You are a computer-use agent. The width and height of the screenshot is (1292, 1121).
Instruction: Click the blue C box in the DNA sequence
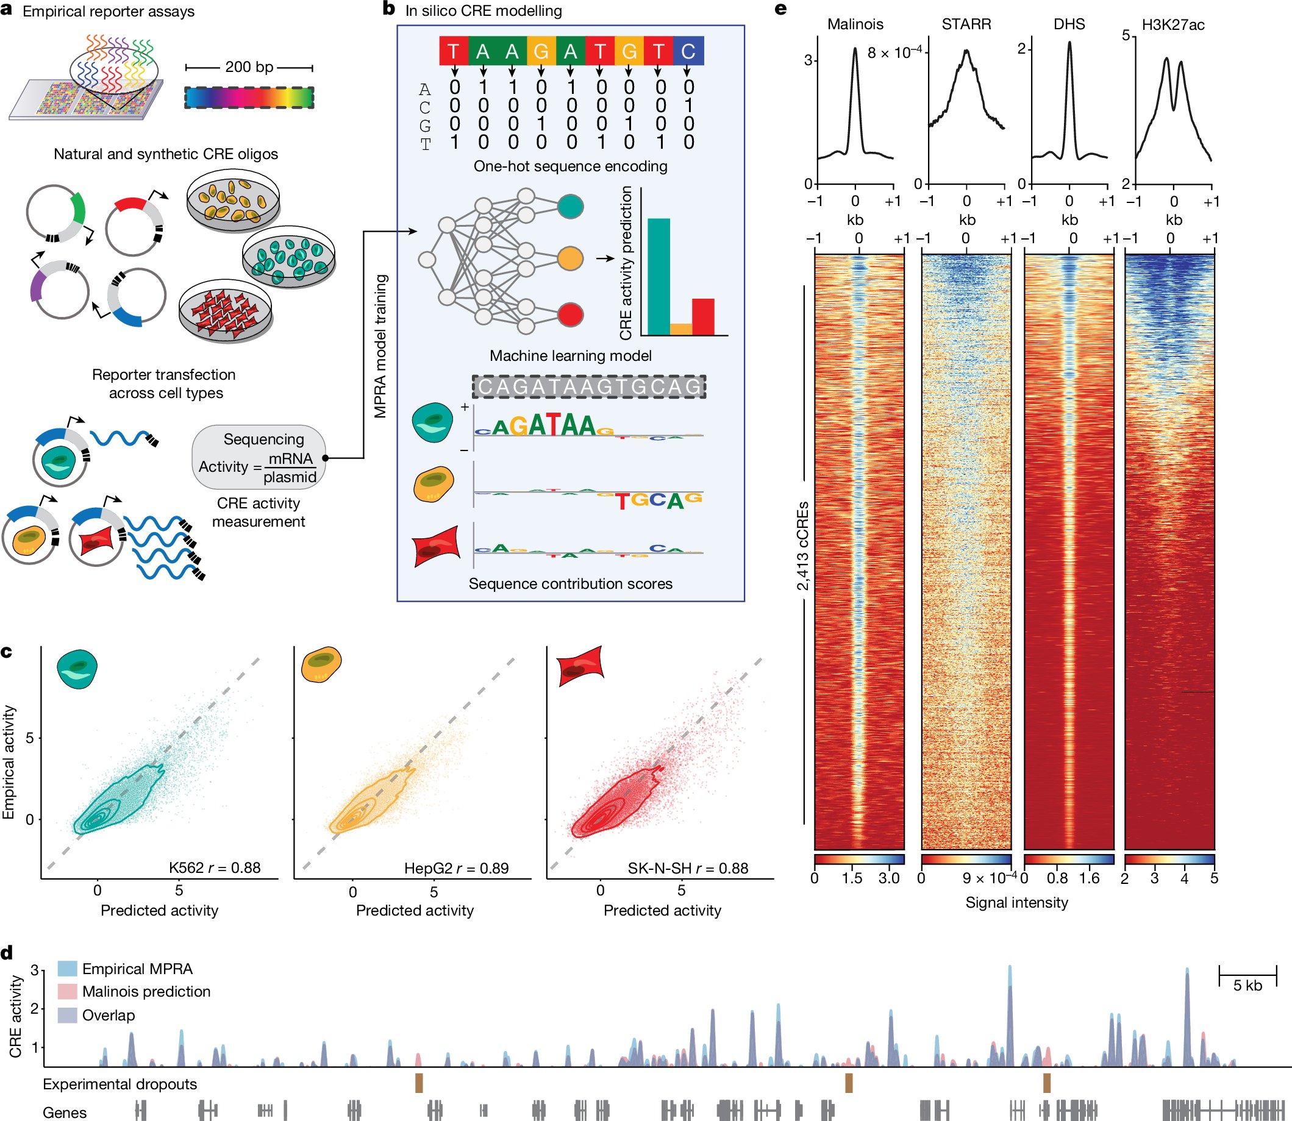(688, 51)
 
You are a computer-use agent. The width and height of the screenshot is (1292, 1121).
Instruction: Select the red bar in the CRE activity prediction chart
(702, 316)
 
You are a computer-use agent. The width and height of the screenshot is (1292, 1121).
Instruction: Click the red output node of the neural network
(569, 314)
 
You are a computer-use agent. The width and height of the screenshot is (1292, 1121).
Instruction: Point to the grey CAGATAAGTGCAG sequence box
(589, 386)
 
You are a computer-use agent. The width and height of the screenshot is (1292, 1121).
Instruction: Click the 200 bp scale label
(249, 67)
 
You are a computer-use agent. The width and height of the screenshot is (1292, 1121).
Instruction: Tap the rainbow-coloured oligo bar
(249, 98)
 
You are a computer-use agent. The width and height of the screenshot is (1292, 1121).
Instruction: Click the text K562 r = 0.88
(215, 867)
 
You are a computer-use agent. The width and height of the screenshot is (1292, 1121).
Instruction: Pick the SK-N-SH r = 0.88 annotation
(688, 867)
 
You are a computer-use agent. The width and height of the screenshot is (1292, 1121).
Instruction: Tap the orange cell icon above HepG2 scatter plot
(321, 665)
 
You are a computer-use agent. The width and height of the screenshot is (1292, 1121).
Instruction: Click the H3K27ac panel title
(1172, 25)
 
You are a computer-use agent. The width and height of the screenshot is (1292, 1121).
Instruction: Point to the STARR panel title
(966, 24)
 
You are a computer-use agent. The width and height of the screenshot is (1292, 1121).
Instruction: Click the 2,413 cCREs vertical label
(802, 546)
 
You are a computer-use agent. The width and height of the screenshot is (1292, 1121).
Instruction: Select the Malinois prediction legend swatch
(67, 992)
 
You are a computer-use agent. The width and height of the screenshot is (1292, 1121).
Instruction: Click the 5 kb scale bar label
(1247, 986)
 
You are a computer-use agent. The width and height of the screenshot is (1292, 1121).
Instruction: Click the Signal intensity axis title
(1016, 903)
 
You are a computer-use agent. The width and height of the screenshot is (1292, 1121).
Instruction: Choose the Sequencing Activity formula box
(259, 458)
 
